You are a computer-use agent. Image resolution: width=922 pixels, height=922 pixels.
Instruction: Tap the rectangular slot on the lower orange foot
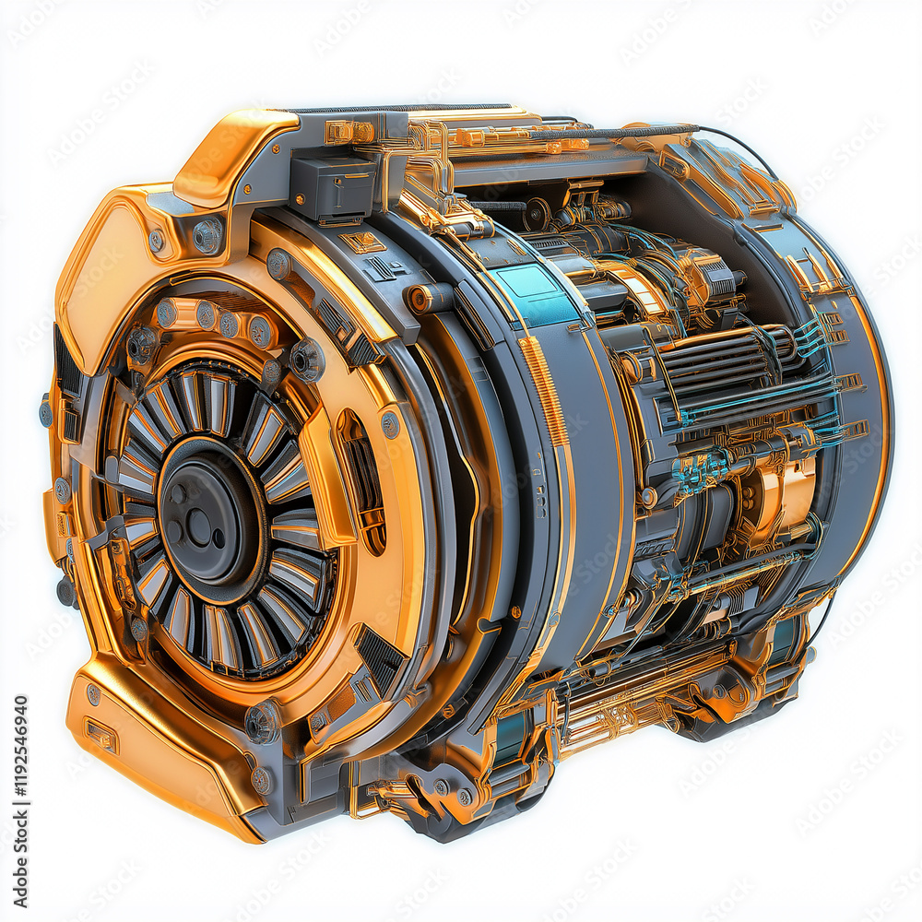click(100, 736)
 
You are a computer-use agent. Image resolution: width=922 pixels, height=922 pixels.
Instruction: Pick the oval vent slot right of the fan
click(362, 479)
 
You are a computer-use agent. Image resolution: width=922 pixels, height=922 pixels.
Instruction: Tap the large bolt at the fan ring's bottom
click(262, 720)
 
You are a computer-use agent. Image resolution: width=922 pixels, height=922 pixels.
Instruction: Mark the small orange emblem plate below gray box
click(362, 242)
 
